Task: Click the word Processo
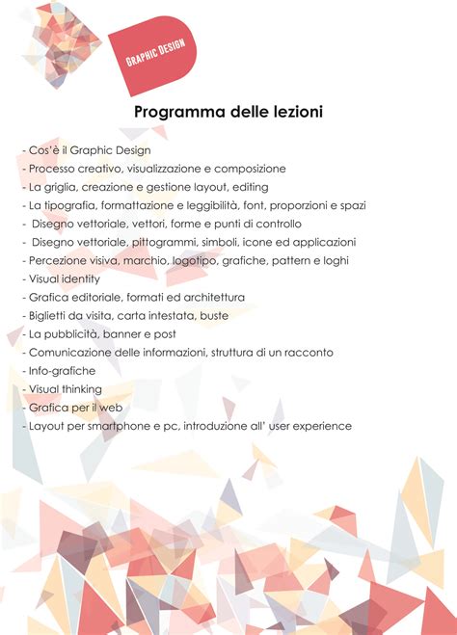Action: click(54, 169)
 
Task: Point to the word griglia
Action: click(61, 187)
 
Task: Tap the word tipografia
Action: click(69, 205)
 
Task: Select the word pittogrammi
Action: click(152, 242)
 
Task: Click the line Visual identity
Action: click(65, 278)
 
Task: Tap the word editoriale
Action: click(105, 297)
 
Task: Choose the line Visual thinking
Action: click(65, 389)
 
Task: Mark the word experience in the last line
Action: click(321, 426)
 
